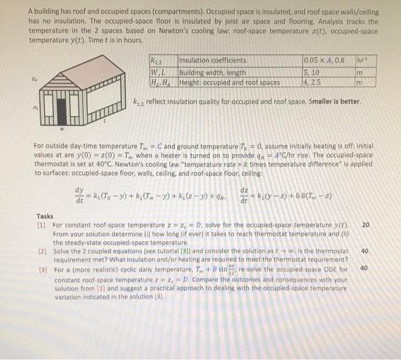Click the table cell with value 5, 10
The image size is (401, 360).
click(x=313, y=72)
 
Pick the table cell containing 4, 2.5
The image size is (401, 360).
click(x=313, y=82)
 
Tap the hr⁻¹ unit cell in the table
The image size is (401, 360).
click(x=360, y=60)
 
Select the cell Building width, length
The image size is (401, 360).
click(x=211, y=72)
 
